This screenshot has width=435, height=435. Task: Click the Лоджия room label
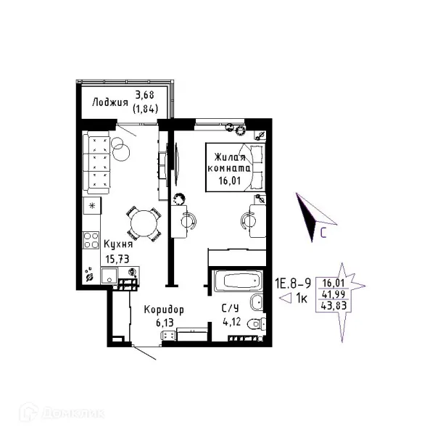pos(110,102)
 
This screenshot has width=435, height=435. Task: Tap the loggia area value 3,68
pos(144,95)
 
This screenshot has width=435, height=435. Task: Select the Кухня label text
pos(118,244)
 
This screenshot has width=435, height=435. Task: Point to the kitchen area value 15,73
pos(117,259)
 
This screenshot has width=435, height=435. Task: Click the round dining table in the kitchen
pos(144,223)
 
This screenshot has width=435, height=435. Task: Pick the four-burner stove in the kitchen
pos(91,240)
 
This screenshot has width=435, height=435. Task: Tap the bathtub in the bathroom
pos(238,281)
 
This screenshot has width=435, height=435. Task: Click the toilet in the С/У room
pos(257,323)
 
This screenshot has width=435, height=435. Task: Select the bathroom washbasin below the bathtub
pos(257,302)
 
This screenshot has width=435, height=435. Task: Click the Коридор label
pos(164,310)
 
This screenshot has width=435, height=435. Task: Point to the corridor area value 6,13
pos(165,323)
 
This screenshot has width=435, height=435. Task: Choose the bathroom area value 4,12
pos(232,322)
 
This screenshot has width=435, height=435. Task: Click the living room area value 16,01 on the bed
pos(229,181)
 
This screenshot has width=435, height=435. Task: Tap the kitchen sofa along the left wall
pos(96,162)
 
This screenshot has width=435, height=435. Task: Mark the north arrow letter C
pos(323,233)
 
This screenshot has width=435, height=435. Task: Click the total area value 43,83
pos(333,306)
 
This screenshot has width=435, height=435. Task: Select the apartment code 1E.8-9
pos(293,283)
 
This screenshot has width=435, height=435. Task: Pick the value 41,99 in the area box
pos(333,294)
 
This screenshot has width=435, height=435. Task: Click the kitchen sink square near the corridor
pos(109,275)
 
